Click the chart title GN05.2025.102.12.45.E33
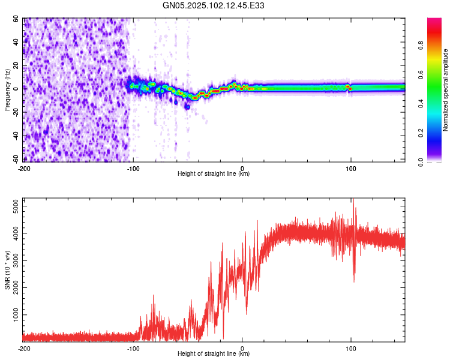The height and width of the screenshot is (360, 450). click(214, 5)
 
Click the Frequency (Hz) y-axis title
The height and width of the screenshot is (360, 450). click(8, 90)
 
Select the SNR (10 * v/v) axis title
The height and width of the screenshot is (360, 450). click(8, 269)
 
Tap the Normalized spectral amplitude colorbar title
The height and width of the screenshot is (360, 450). click(446, 90)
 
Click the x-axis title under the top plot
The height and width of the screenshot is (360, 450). click(214, 173)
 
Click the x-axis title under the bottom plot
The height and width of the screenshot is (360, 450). click(214, 353)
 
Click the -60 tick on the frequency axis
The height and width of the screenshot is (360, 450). click(16, 160)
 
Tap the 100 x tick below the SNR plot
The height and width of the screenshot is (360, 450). click(351, 348)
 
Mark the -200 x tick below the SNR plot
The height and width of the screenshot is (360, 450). click(24, 348)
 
